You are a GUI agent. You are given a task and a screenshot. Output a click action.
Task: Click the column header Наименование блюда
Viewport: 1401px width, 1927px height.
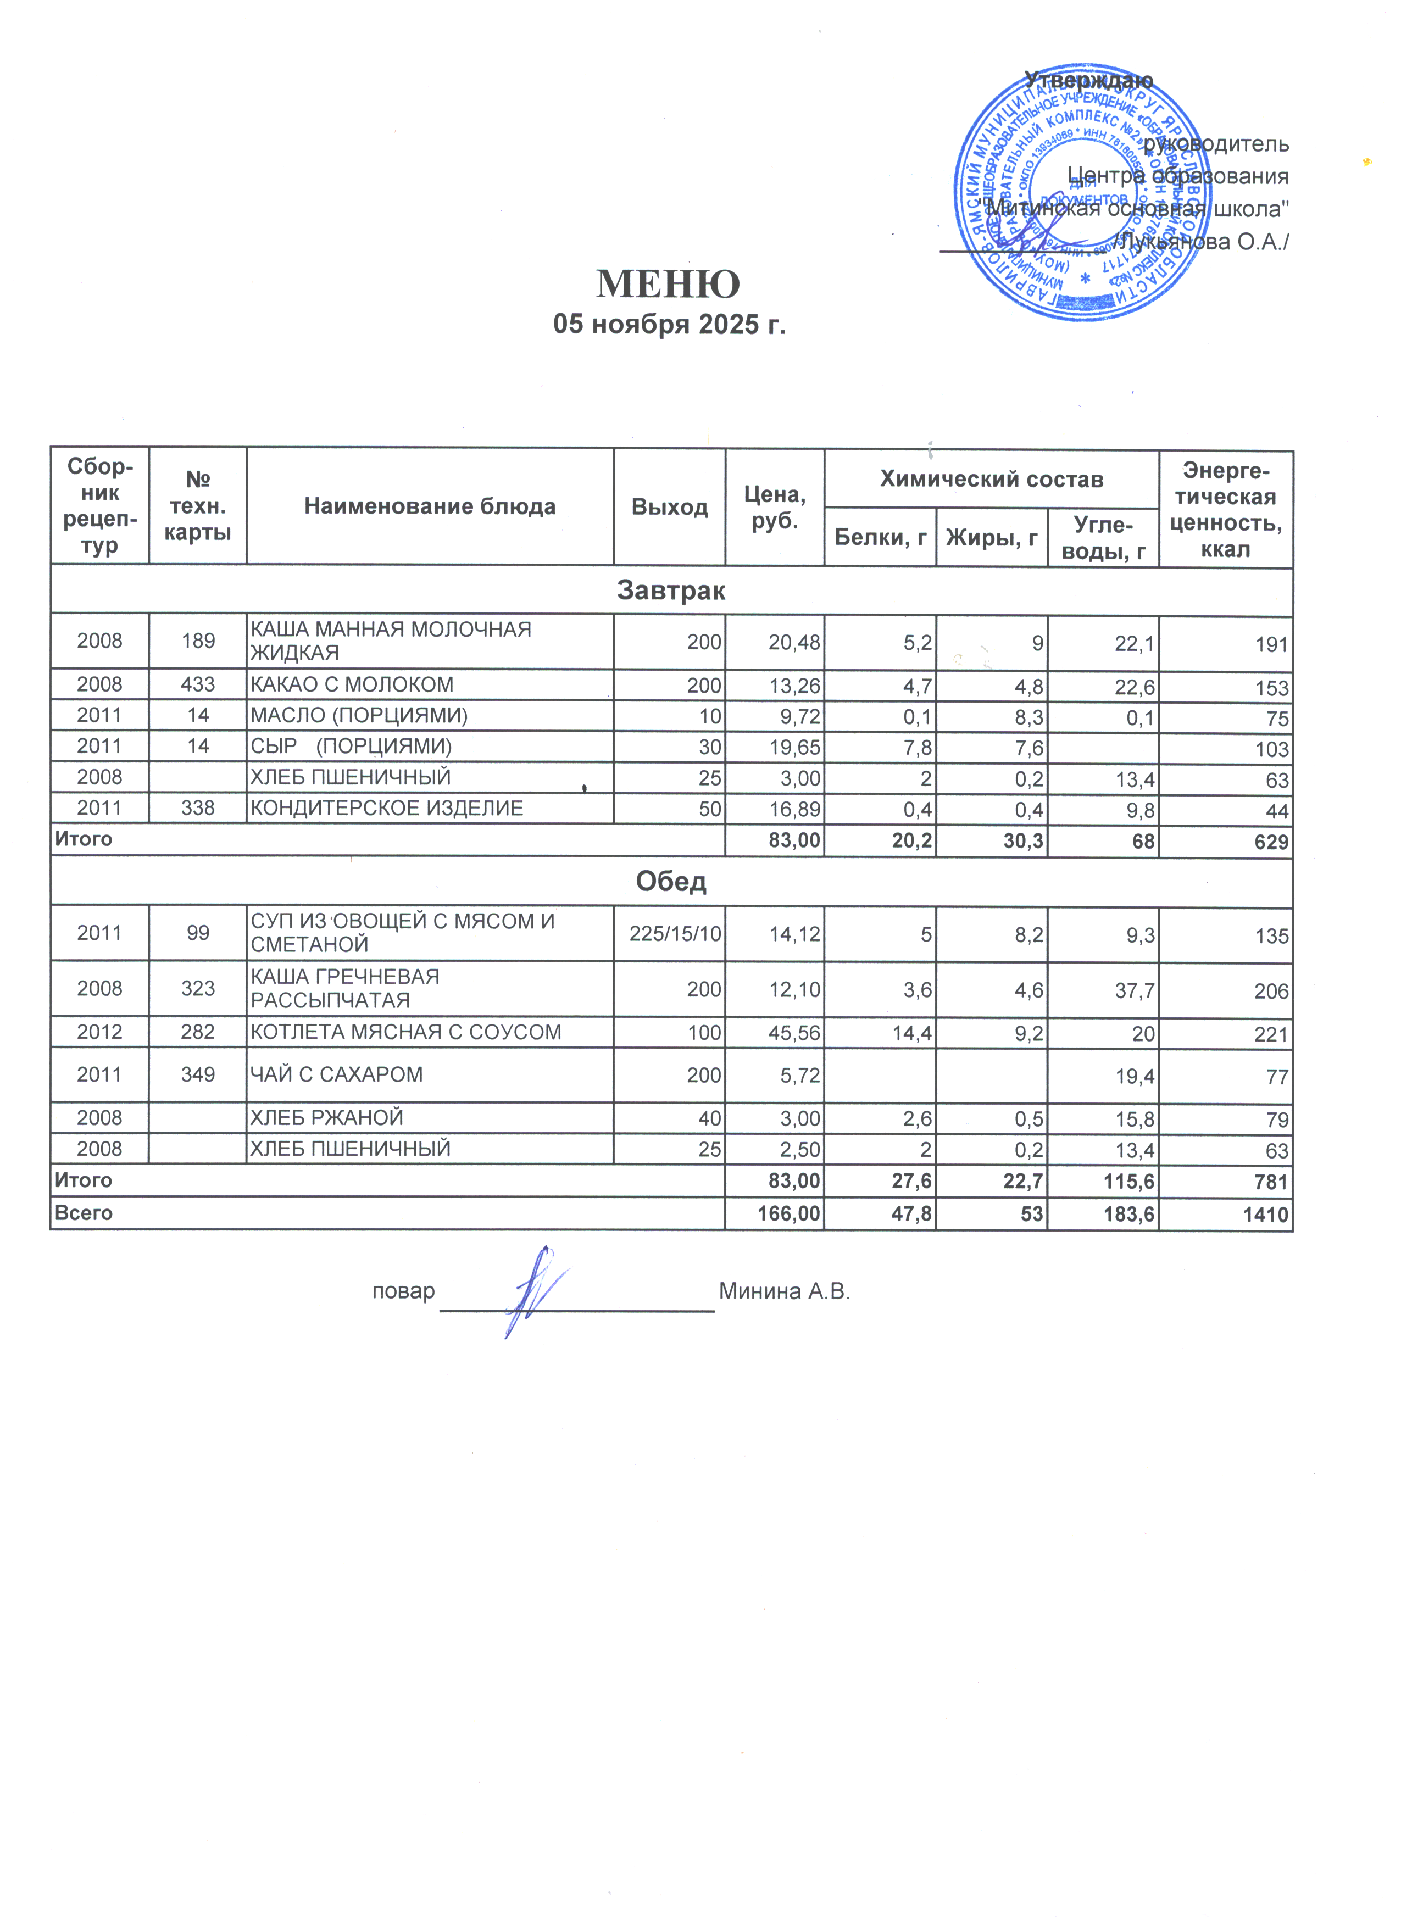430,507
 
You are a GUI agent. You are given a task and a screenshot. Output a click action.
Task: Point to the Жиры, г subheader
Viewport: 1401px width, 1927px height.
992,537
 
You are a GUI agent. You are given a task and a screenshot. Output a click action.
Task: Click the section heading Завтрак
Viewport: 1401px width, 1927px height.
671,591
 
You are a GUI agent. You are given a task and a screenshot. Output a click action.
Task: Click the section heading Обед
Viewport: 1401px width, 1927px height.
671,881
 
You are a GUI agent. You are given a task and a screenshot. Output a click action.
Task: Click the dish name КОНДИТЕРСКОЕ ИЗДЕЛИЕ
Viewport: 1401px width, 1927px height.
387,808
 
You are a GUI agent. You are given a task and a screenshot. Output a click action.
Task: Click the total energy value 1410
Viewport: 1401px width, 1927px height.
1265,1214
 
